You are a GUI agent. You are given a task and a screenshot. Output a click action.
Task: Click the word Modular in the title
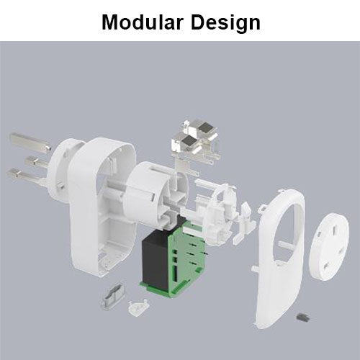[x=143, y=22]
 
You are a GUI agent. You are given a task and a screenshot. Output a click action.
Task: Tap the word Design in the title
[x=225, y=23]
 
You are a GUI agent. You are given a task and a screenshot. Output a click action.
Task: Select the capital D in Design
[x=198, y=22]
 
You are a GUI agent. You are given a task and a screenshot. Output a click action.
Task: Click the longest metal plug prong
[x=30, y=143]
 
